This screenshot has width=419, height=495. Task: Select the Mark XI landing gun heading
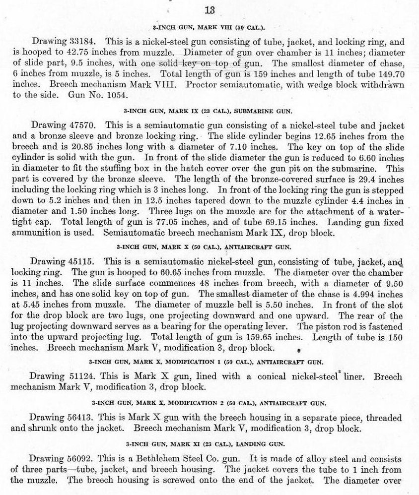point(209,442)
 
